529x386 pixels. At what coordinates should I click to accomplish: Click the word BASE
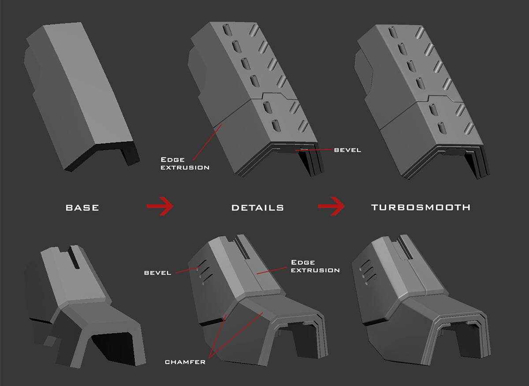pyautogui.click(x=82, y=208)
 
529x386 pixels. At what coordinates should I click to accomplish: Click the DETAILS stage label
pyautogui.click(x=257, y=208)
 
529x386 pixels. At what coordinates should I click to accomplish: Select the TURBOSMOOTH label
pyautogui.click(x=421, y=207)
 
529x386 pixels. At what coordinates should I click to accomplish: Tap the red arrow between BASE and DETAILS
pyautogui.click(x=160, y=206)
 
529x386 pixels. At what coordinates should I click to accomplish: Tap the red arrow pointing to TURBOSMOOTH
pyautogui.click(x=331, y=206)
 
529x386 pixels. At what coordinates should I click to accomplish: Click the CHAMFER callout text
pyautogui.click(x=185, y=362)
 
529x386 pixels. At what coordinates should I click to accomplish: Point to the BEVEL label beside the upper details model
pyautogui.click(x=347, y=150)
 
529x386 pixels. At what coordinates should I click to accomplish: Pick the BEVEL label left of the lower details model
pyautogui.click(x=157, y=273)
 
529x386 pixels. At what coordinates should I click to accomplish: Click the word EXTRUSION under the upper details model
pyautogui.click(x=185, y=167)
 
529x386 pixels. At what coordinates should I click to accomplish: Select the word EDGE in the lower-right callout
pyautogui.click(x=303, y=262)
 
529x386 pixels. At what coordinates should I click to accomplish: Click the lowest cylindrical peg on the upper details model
pyautogui.click(x=276, y=126)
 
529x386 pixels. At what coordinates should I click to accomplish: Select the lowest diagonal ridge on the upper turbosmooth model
pyautogui.click(x=469, y=129)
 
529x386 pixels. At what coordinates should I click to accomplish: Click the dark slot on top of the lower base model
pyautogui.click(x=74, y=257)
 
